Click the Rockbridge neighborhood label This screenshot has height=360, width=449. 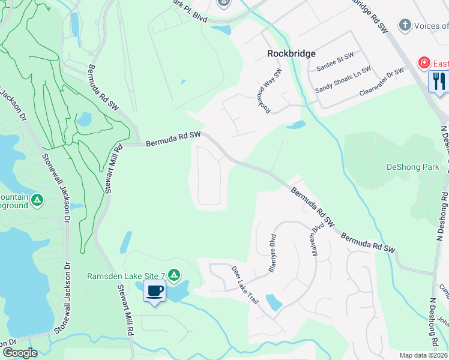click(291, 54)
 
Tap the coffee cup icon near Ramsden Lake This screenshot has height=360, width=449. click(155, 291)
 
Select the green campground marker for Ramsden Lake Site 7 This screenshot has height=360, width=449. click(174, 275)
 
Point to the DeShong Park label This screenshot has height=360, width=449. click(413, 167)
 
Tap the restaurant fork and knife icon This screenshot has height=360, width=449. click(439, 81)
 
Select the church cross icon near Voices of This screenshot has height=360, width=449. click(406, 25)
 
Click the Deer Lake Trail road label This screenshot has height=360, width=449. click(245, 284)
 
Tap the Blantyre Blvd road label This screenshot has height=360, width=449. click(272, 254)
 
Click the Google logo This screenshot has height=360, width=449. click(19, 353)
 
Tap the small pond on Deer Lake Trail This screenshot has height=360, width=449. click(274, 302)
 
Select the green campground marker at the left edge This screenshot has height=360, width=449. click(37, 199)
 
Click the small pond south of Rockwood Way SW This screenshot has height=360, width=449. click(296, 125)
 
